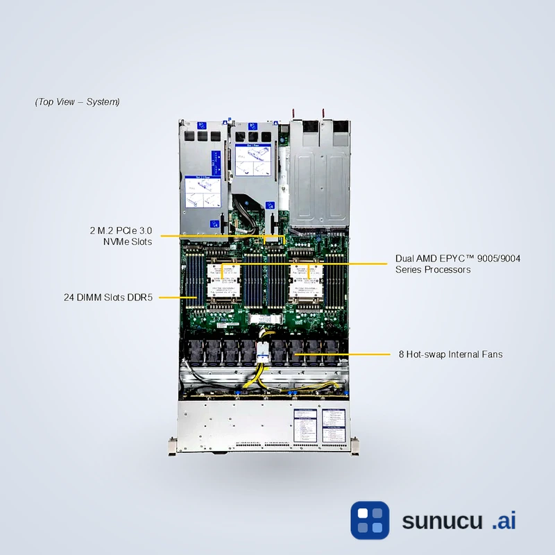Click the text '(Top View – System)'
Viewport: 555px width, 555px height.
point(77,102)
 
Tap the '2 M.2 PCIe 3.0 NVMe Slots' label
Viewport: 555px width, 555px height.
point(121,235)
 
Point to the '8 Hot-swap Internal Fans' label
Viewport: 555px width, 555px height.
point(450,355)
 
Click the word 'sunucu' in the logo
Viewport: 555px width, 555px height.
point(441,521)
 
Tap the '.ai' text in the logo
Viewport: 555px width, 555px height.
point(504,521)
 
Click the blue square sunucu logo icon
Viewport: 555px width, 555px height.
point(370,520)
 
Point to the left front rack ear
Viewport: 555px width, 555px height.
point(172,445)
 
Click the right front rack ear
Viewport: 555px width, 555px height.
point(355,445)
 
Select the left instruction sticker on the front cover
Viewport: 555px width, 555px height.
point(305,424)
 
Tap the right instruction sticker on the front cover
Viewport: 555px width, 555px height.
point(333,424)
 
